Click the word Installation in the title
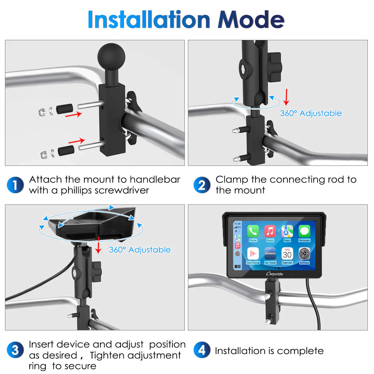click(x=149, y=19)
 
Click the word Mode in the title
click(x=251, y=19)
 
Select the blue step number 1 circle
click(x=15, y=185)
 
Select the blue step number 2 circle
click(x=202, y=185)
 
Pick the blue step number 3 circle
click(x=15, y=350)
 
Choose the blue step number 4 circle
click(x=202, y=350)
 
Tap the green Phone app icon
click(x=253, y=231)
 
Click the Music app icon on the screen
click(x=270, y=231)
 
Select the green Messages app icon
click(x=304, y=231)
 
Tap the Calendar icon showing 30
click(x=287, y=254)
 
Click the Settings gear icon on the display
click(x=304, y=254)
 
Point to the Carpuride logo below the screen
click(x=275, y=274)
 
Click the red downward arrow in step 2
click(x=286, y=97)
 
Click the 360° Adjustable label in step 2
click(x=311, y=113)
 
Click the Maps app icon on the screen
click(x=287, y=231)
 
